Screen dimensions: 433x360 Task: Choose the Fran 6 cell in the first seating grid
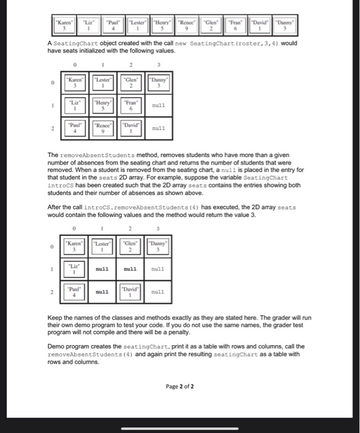[x=131, y=106]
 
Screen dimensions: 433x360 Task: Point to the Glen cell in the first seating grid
[x=131, y=82]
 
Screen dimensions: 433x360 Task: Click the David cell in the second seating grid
[x=131, y=290]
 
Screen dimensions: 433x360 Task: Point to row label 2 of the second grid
[x=54, y=290]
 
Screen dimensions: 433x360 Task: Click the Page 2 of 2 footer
[x=180, y=387]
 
